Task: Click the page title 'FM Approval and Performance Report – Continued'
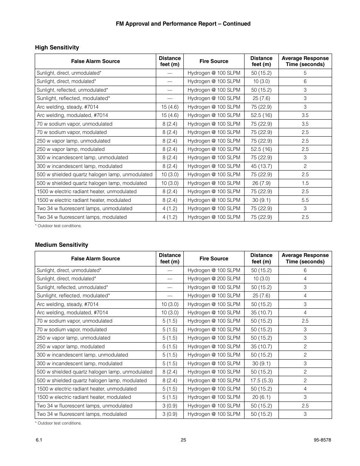(183, 24)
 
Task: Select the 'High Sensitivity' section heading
(57, 48)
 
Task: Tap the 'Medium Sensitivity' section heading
(62, 245)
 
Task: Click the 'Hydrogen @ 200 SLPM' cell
(214, 279)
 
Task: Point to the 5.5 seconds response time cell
(305, 200)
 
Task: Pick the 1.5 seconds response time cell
(305, 183)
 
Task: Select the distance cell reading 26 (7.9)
(261, 183)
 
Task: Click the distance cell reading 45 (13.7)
(261, 166)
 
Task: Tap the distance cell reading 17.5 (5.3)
(261, 381)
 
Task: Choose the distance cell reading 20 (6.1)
(261, 397)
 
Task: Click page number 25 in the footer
(183, 440)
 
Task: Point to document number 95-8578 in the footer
(322, 440)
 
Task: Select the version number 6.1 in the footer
(38, 440)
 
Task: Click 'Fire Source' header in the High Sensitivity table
(214, 62)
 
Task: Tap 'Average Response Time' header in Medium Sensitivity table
(305, 258)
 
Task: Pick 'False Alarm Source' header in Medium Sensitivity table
(95, 259)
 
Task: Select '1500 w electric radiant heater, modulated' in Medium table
(84, 397)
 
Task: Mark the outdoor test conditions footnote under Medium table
(58, 423)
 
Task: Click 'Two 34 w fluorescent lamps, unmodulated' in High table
(85, 209)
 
